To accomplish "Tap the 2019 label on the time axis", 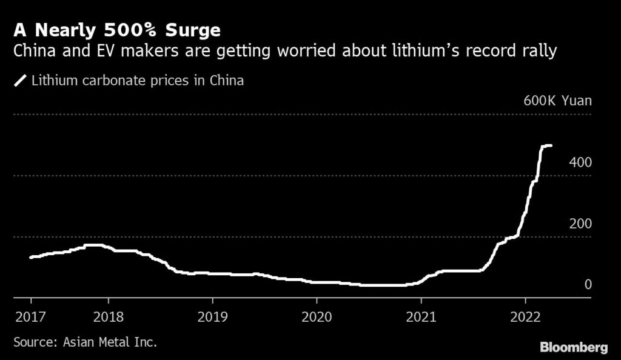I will coord(212,316).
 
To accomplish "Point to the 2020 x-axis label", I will coord(317,316).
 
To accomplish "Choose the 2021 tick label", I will coord(421,316).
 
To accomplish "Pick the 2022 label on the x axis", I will coord(525,316).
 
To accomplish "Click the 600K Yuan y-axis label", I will coord(557,101).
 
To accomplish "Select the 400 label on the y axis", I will coord(580,162).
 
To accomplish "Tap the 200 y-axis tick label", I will coord(580,224).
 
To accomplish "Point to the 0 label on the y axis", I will coord(588,285).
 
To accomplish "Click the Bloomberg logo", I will coord(574,347).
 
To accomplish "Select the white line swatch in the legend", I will coord(21,81).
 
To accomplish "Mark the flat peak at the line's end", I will coord(546,145).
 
